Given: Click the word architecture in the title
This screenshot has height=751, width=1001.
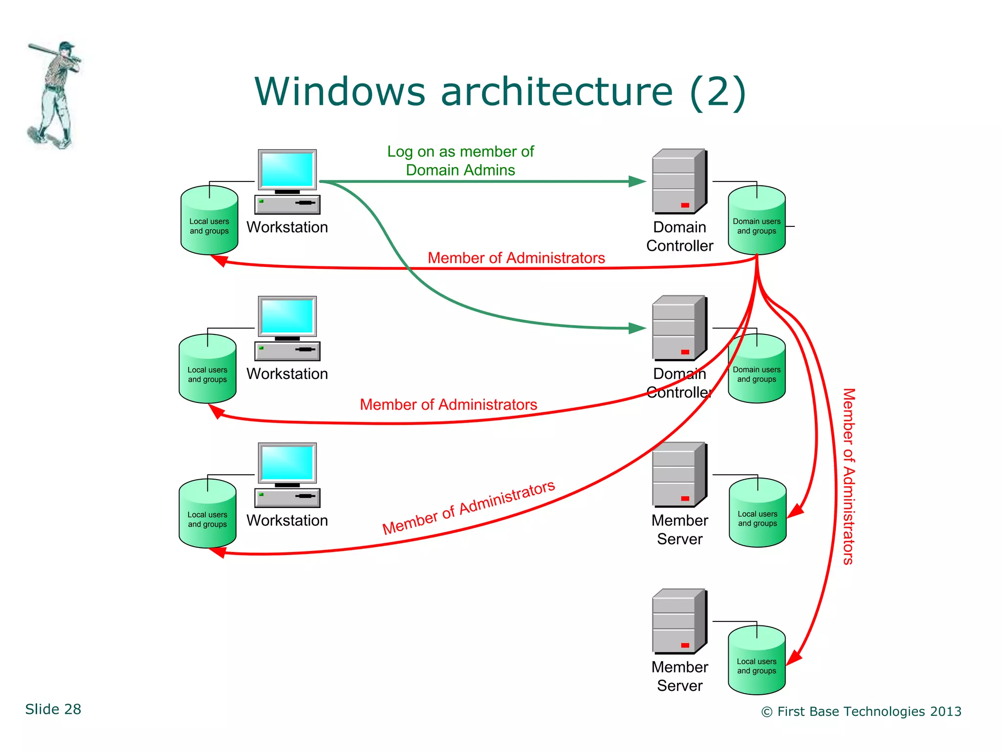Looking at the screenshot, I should (556, 91).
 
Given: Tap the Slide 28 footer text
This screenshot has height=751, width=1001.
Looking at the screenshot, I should (53, 709).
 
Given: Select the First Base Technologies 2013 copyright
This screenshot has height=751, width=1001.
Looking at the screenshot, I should (861, 711).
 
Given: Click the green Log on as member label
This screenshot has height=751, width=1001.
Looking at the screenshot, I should (460, 160).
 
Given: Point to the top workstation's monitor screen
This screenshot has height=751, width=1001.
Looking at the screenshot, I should (287, 169).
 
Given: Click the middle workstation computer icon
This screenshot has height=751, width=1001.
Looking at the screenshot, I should (287, 328).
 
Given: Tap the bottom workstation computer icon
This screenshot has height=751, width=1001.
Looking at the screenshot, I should (287, 475).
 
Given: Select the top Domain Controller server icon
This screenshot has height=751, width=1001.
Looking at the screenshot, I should (679, 181).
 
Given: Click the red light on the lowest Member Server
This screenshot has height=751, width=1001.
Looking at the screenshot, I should (685, 645).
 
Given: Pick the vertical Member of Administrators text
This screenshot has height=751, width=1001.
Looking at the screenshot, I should (849, 476).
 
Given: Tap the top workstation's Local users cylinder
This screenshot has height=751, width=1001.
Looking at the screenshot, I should (209, 221).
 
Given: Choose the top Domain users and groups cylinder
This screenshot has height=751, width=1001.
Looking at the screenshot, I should (757, 221).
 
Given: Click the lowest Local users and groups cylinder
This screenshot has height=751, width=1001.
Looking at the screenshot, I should (757, 661).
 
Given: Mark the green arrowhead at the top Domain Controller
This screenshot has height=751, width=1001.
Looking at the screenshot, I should (637, 181).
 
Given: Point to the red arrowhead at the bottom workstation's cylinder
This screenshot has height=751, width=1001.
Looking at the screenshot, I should (218, 552).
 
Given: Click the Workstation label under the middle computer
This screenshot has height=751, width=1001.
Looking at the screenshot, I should (287, 374).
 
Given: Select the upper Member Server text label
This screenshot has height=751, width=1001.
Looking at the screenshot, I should (679, 530).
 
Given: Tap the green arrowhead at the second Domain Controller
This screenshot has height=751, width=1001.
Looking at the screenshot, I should (637, 328).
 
